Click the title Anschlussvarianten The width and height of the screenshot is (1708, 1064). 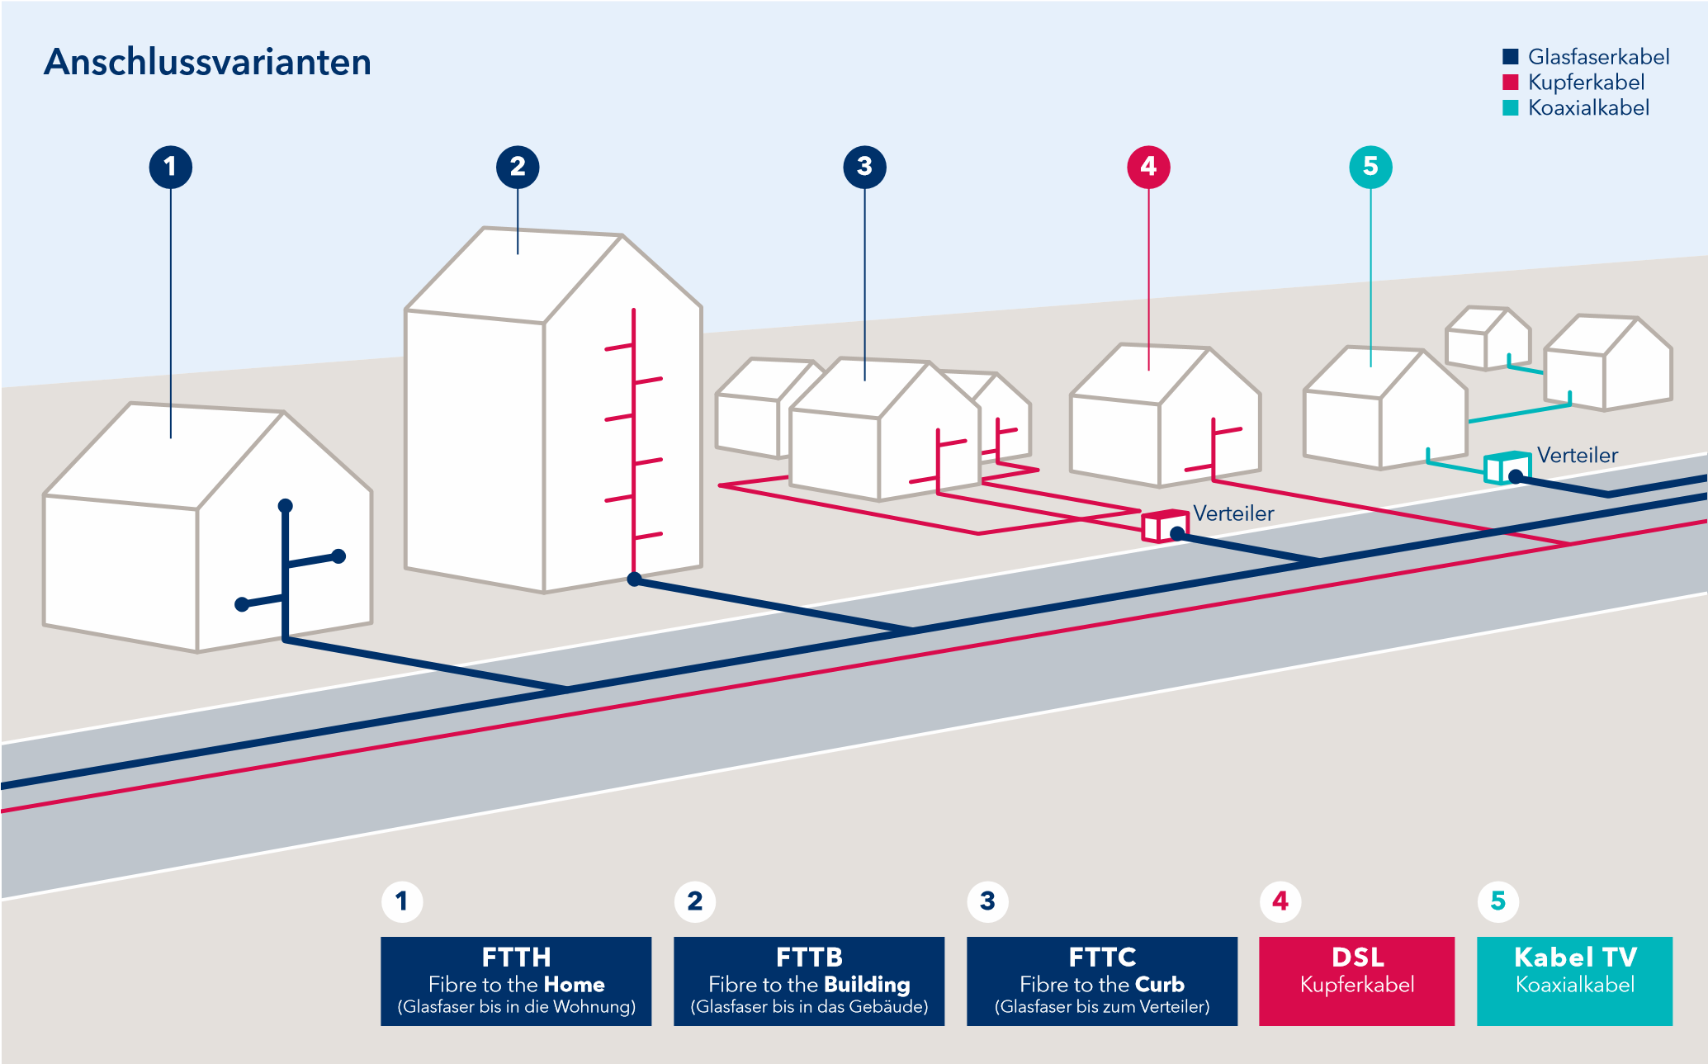pyautogui.click(x=207, y=62)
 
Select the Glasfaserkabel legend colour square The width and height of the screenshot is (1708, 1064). pyautogui.click(x=1511, y=56)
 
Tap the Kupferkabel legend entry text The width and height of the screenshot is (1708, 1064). pyautogui.click(x=1586, y=83)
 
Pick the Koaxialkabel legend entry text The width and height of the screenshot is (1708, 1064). pyautogui.click(x=1588, y=108)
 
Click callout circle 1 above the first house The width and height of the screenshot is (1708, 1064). pyautogui.click(x=171, y=167)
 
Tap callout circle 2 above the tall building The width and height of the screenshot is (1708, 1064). pyautogui.click(x=518, y=167)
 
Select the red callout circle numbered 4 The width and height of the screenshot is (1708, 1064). pyautogui.click(x=1148, y=167)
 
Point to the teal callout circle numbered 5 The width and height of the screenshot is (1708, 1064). pyautogui.click(x=1370, y=167)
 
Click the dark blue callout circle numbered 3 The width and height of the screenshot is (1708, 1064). pyautogui.click(x=864, y=167)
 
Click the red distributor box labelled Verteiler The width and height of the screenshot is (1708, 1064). pyautogui.click(x=1165, y=526)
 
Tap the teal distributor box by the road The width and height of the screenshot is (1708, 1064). pyautogui.click(x=1507, y=468)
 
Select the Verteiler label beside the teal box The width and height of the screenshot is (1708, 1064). pyautogui.click(x=1577, y=455)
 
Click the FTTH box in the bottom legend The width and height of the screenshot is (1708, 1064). pyautogui.click(x=516, y=981)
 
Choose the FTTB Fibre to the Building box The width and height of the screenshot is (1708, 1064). pyautogui.click(x=809, y=981)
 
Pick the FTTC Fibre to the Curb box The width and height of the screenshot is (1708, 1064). pyautogui.click(x=1102, y=981)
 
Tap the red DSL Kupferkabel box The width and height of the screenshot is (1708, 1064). pyautogui.click(x=1356, y=981)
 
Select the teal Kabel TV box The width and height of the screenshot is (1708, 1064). pyautogui.click(x=1574, y=981)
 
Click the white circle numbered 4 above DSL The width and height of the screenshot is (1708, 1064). pyautogui.click(x=1280, y=901)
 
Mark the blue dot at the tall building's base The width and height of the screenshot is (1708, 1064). pyautogui.click(x=634, y=579)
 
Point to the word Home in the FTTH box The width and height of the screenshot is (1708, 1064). pyautogui.click(x=574, y=985)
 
